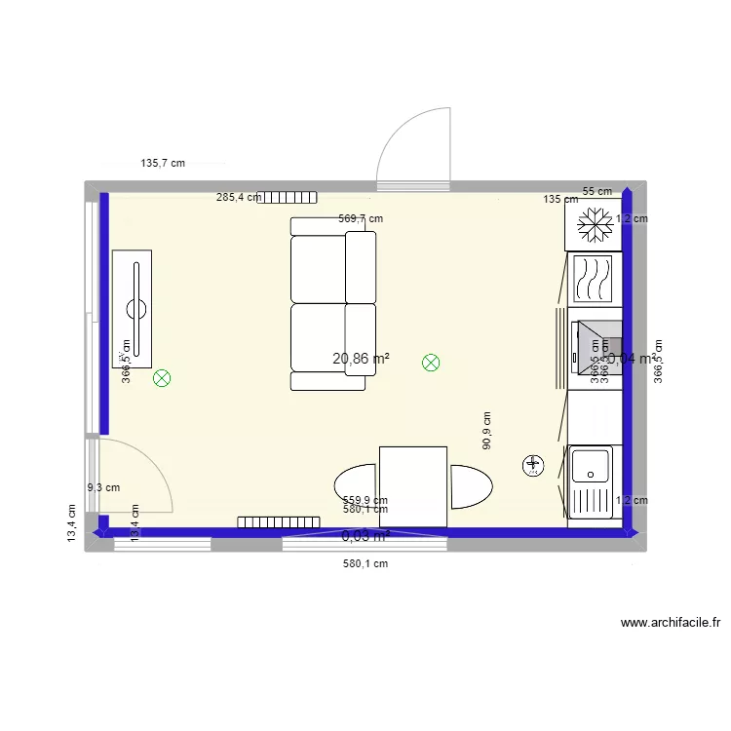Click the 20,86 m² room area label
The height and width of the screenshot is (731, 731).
point(361,359)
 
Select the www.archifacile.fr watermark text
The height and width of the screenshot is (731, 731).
point(670,623)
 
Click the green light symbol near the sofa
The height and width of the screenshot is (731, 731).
point(430,363)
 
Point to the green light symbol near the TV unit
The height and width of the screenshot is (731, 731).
point(162,378)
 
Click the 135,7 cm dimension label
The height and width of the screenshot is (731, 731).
point(163,164)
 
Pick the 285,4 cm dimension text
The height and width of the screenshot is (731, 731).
point(238,197)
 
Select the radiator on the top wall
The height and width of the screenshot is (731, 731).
point(289,197)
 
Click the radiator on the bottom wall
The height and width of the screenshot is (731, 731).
point(279,522)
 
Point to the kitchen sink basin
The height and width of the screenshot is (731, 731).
point(592,465)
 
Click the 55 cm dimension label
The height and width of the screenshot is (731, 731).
point(597,191)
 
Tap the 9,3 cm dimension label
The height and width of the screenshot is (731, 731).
point(103,487)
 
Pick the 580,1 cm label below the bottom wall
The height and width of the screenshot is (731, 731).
point(365,563)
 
